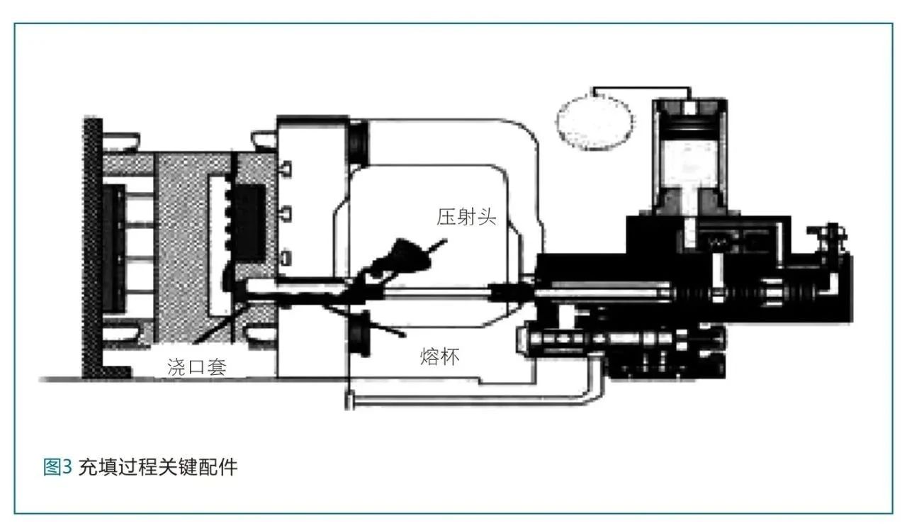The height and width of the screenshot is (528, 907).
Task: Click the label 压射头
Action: click(x=467, y=218)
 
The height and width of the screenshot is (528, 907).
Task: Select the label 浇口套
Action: click(x=197, y=366)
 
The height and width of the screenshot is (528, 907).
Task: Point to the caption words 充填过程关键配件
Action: click(x=157, y=467)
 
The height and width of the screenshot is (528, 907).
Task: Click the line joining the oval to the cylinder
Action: click(x=641, y=90)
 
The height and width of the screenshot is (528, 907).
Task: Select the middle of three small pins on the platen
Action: click(x=287, y=211)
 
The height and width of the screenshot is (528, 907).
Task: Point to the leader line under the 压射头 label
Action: click(x=434, y=248)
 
